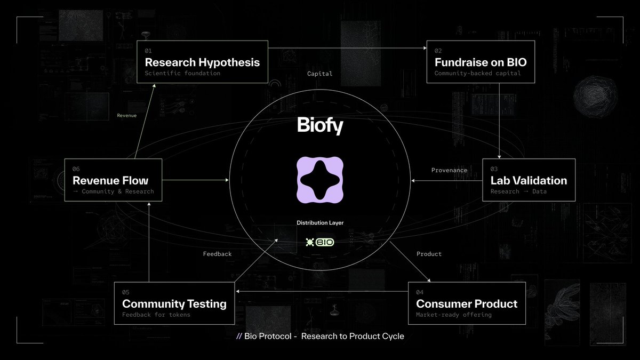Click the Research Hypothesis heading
(x=202, y=62)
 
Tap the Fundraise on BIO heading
(x=480, y=62)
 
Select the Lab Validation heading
(x=529, y=180)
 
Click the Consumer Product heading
(x=467, y=303)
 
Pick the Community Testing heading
(x=174, y=303)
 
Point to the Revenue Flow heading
(x=110, y=180)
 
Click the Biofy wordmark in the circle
(x=320, y=126)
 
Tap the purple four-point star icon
(x=320, y=181)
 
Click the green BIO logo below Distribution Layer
(x=320, y=242)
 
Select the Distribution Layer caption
(x=320, y=222)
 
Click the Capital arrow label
(x=319, y=74)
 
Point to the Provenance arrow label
(x=449, y=170)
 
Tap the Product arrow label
(x=429, y=254)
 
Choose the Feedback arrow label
(x=217, y=254)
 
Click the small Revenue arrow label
(x=126, y=115)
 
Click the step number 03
(x=494, y=169)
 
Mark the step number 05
(x=126, y=292)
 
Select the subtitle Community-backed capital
(x=477, y=73)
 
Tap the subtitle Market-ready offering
(x=453, y=315)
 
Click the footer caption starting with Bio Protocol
(x=320, y=337)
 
